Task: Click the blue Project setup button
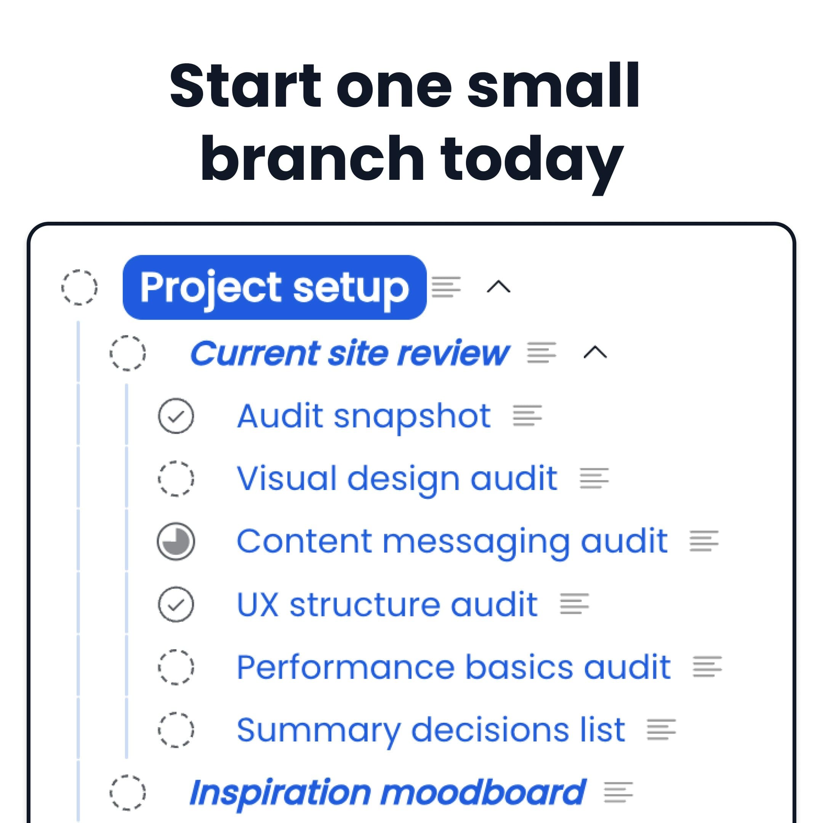[274, 287]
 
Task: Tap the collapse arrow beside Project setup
[498, 287]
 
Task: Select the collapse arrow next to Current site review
[595, 353]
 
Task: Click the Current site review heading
[349, 353]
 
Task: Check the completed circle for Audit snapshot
[176, 416]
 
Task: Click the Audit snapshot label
[364, 416]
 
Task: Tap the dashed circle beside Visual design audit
[176, 479]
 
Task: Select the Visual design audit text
[397, 479]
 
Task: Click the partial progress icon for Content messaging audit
[176, 541]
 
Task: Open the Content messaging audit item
[452, 541]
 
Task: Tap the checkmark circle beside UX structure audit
[176, 604]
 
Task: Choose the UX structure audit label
[387, 604]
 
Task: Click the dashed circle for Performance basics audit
[176, 667]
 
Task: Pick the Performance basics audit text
[453, 667]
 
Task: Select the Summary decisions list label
[430, 730]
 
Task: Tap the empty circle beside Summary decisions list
[176, 730]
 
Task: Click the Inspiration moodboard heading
[387, 793]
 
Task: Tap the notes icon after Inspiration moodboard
[618, 793]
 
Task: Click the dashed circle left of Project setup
[79, 287]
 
